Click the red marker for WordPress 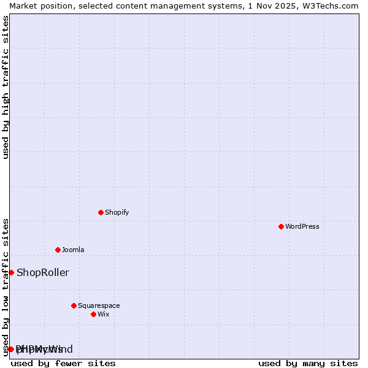[x=281, y=226]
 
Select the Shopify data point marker [x=101, y=212]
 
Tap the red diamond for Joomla [x=58, y=250]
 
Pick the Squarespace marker [x=74, y=305]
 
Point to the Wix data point [x=93, y=314]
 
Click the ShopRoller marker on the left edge [x=11, y=272]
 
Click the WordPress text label [x=302, y=226]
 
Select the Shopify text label [x=117, y=212]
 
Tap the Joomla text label [x=73, y=250]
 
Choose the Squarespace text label [x=99, y=305]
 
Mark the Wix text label [x=104, y=314]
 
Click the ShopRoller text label [x=43, y=272]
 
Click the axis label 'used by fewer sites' [x=63, y=363]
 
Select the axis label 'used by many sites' [x=308, y=363]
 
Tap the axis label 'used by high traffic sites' [x=6, y=87]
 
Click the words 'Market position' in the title [x=38, y=6]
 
